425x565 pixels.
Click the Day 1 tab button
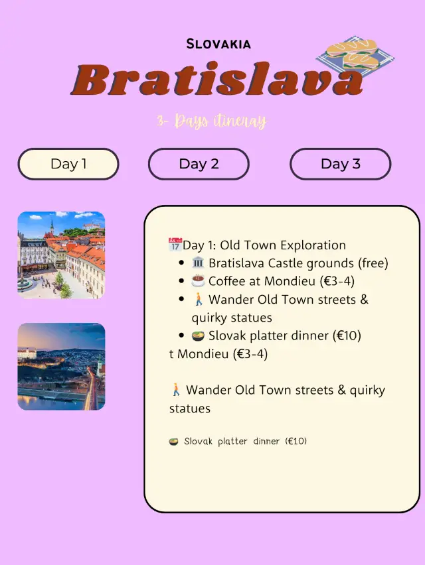68,164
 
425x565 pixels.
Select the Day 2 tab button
199,164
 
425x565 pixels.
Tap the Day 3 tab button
340,164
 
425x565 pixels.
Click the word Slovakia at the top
218,44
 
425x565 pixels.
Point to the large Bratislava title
219,81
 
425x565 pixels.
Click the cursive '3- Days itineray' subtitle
211,121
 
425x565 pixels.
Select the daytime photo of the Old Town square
61,255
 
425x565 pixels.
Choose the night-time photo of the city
61,367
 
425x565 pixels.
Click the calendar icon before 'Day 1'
175,245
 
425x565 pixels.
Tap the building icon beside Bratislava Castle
198,263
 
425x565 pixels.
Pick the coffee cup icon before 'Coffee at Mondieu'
198,281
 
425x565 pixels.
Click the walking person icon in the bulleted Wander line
198,300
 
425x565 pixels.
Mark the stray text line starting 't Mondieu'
218,354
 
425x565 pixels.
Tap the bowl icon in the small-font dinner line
174,441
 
